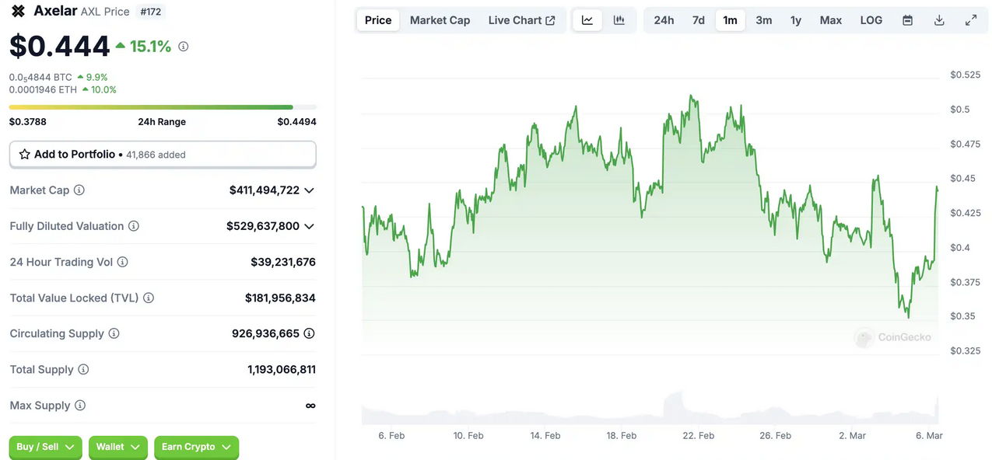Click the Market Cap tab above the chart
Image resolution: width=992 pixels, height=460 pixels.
[x=440, y=20]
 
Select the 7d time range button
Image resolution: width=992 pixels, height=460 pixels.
[x=698, y=20]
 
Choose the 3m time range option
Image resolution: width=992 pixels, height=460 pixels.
[x=763, y=20]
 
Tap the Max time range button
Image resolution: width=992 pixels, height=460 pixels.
[x=830, y=20]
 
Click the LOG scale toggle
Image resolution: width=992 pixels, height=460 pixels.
[x=871, y=20]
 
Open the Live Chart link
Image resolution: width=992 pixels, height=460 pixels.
[x=521, y=20]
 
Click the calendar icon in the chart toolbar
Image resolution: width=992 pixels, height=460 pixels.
[x=907, y=20]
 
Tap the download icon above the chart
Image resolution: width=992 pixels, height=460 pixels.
[x=939, y=20]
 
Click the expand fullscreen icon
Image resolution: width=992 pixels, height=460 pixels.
[x=971, y=20]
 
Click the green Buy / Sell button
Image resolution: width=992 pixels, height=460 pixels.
[x=45, y=447]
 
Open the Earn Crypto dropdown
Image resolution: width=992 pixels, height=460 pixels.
[x=196, y=447]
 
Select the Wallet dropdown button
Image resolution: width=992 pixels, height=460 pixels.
[x=117, y=447]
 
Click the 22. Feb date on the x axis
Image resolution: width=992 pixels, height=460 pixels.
[x=698, y=436]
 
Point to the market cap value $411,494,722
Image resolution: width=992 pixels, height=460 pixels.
[x=264, y=190]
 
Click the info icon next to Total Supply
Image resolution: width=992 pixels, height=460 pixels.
[x=83, y=370]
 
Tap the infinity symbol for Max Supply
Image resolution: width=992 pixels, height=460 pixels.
[x=310, y=406]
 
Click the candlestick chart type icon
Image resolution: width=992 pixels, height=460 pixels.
[x=619, y=20]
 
